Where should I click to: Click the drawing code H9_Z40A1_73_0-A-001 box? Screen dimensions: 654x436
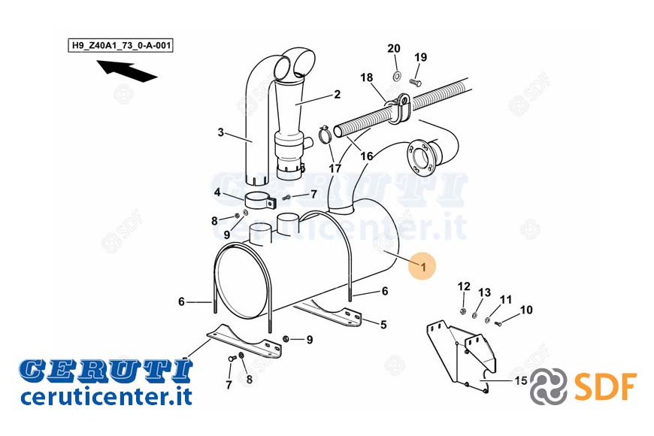pyautogui.click(x=120, y=45)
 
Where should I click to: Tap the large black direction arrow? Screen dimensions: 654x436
pyautogui.click(x=126, y=71)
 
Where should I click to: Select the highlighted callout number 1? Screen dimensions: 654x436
pyautogui.click(x=423, y=266)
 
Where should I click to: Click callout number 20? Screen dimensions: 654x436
pyautogui.click(x=394, y=49)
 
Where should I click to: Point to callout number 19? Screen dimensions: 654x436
pyautogui.click(x=421, y=57)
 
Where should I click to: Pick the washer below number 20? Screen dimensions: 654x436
pyautogui.click(x=396, y=76)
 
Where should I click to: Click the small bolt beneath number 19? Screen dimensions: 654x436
pyautogui.click(x=416, y=83)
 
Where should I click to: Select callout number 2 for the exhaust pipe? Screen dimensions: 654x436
pyautogui.click(x=337, y=94)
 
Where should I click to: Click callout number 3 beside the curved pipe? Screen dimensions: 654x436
pyautogui.click(x=221, y=132)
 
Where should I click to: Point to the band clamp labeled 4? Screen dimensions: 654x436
pyautogui.click(x=260, y=199)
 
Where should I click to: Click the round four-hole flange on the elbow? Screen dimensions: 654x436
pyautogui.click(x=419, y=159)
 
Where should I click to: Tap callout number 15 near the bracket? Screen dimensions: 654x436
pyautogui.click(x=521, y=380)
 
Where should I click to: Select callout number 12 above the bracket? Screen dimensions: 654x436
pyautogui.click(x=464, y=286)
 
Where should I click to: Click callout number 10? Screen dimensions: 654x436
pyautogui.click(x=526, y=310)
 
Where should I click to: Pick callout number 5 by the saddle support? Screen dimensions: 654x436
pyautogui.click(x=383, y=325)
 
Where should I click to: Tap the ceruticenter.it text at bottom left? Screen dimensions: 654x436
pyautogui.click(x=106, y=396)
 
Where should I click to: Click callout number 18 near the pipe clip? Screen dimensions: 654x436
pyautogui.click(x=367, y=77)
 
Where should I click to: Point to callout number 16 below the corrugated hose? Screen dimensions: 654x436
pyautogui.click(x=367, y=156)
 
